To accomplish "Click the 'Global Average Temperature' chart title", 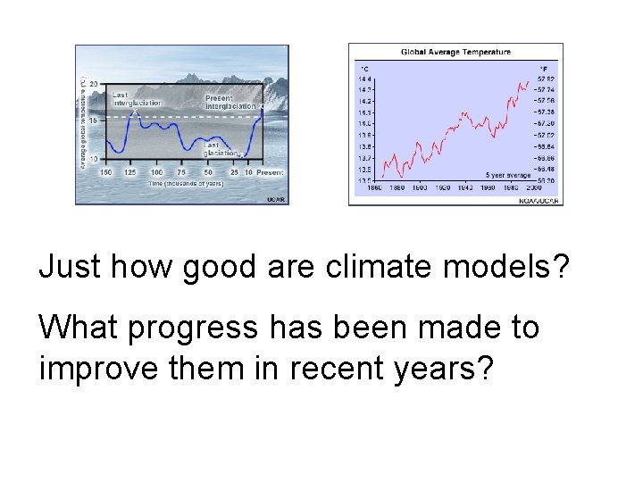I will point(455,52).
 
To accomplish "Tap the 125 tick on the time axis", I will point(130,172).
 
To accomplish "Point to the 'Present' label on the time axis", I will point(271,172).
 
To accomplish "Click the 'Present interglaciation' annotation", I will point(230,101).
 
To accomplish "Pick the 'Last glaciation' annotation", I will point(219,148).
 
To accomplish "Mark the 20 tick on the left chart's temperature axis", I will point(93,84).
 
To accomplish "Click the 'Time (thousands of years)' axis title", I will point(185,183).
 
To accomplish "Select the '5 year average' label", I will point(507,176).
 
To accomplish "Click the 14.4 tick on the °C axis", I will point(365,79).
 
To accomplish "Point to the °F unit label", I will point(543,67).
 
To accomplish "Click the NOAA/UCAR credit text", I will point(539,201).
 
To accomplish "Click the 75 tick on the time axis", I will point(182,172).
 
